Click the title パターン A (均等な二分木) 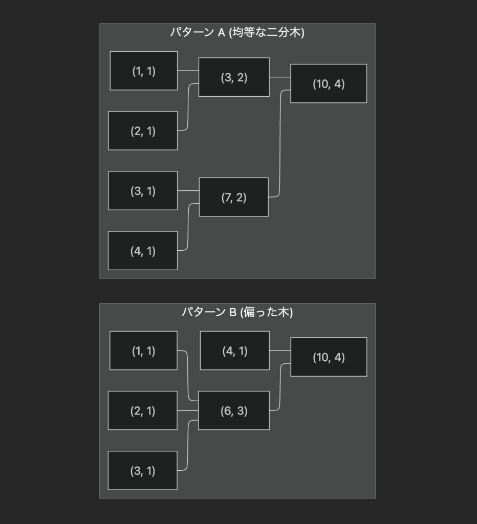pyautogui.click(x=237, y=33)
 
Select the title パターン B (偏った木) pyautogui.click(x=237, y=312)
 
